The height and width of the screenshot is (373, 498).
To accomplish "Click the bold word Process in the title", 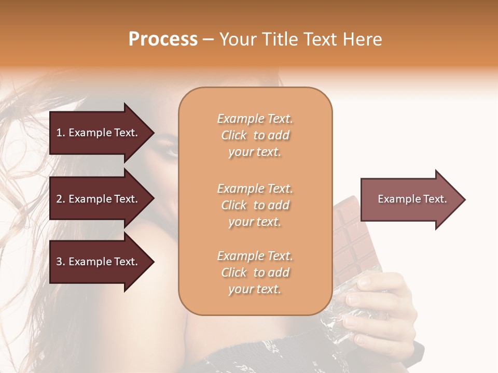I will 163,39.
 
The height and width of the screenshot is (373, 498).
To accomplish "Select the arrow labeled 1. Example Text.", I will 99,133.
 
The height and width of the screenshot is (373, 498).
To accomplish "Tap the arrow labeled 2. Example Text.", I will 99,199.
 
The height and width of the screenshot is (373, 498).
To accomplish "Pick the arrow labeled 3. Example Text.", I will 99,262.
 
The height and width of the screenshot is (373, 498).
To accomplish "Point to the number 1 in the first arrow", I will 59,133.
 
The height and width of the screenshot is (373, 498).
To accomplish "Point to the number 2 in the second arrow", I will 59,199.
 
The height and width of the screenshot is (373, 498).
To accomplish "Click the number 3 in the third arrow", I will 59,262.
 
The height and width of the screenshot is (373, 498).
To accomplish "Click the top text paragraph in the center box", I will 255,135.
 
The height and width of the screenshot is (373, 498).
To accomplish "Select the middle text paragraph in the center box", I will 255,205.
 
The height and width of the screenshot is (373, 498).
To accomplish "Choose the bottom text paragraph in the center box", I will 255,272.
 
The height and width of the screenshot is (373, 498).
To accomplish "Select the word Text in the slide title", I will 323,39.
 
